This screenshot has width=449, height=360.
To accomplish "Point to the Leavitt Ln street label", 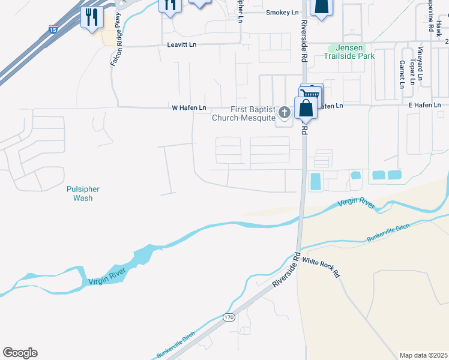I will click(x=181, y=45).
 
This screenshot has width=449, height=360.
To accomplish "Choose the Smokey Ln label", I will click(x=282, y=12).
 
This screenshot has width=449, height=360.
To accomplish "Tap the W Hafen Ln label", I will click(x=189, y=108).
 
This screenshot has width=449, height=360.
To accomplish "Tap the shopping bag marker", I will click(x=306, y=108).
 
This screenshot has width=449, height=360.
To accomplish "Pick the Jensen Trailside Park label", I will click(x=349, y=52).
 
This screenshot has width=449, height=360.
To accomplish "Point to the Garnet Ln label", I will click(x=402, y=73).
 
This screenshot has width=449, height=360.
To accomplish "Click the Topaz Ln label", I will click(x=412, y=71).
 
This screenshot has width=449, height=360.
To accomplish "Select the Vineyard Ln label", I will click(x=421, y=63).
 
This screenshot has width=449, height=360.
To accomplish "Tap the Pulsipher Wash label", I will click(x=83, y=193).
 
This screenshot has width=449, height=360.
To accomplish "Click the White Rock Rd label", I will click(x=321, y=268).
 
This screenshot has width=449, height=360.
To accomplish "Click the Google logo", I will click(x=20, y=353).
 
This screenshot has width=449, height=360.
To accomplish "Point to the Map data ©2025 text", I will click(x=423, y=355).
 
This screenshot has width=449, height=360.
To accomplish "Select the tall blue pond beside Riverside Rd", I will click(x=315, y=181).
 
